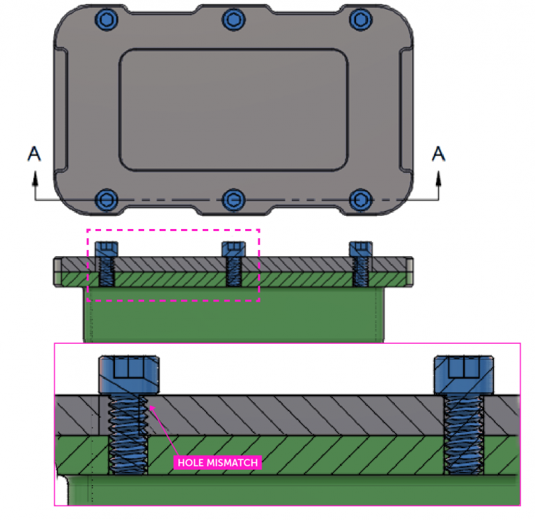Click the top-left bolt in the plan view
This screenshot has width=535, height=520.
pos(107,19)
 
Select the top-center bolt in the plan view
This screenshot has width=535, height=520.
pos(233,19)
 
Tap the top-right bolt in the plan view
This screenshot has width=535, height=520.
pos(359,19)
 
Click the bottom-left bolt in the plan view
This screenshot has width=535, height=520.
pos(107,200)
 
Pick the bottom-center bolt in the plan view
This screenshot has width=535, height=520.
pos(233,200)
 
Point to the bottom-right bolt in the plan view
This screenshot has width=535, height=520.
pos(359,200)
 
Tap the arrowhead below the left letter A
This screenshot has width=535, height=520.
pos(33,179)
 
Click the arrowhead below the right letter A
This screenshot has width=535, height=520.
pos(438,179)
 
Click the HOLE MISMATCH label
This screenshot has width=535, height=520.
pos(217,462)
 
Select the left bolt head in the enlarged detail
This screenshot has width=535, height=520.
pos(129,375)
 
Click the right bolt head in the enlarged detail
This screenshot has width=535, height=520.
pos(463,375)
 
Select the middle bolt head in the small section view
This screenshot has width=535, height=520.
pos(233,249)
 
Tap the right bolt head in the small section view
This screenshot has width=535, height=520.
pos(360,249)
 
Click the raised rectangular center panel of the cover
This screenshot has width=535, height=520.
pos(233,110)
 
